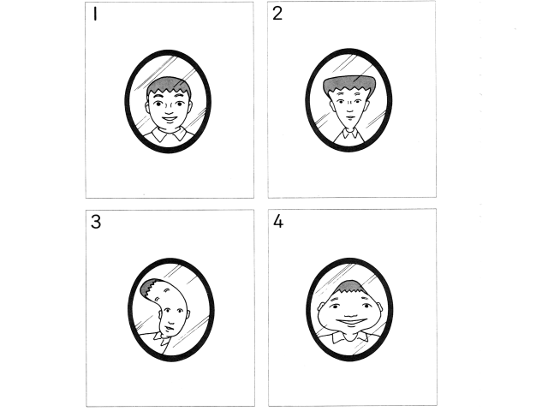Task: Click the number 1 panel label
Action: (x=95, y=15)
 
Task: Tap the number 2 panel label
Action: (x=277, y=14)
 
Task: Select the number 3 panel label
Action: (x=96, y=222)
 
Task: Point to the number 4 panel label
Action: (x=277, y=221)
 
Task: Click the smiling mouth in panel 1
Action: (x=170, y=119)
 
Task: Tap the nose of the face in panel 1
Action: (x=169, y=110)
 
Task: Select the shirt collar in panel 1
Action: (x=170, y=134)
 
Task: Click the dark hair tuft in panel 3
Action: (x=149, y=288)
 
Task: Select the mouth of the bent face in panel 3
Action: (x=170, y=329)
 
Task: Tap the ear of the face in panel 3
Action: (x=188, y=315)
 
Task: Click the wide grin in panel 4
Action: (x=350, y=322)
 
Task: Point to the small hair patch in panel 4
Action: (x=351, y=287)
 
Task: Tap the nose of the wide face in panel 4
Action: (x=350, y=312)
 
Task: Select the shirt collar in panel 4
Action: (x=350, y=337)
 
